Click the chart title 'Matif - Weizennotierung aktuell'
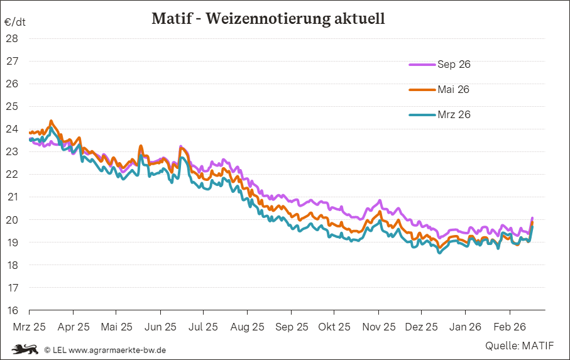point(268,19)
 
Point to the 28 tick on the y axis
point(12,38)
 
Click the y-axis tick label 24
point(12,129)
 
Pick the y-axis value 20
point(12,220)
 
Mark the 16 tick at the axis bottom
point(12,310)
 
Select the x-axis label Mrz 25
point(29,327)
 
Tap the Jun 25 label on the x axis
point(160,327)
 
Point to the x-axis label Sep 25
point(292,327)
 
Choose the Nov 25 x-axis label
point(379,327)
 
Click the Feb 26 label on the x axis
point(509,327)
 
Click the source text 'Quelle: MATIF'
point(519,346)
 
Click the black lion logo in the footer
point(25,349)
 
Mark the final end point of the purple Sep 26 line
point(532,218)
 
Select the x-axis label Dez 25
point(422,327)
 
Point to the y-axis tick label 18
point(12,265)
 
